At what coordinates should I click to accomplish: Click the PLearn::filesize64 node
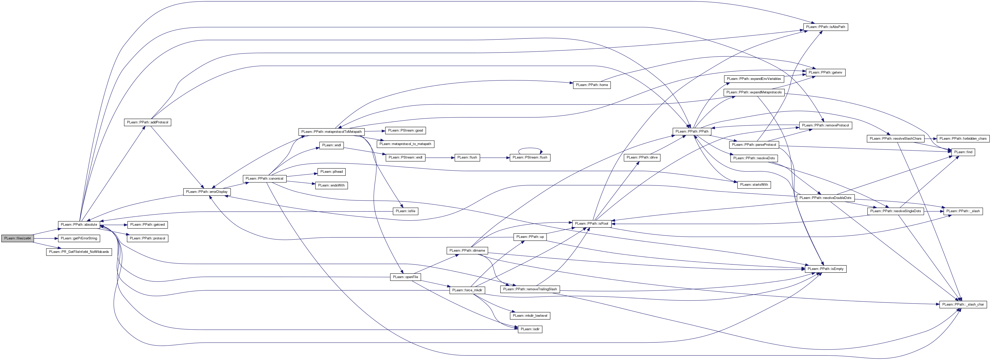(x=18, y=238)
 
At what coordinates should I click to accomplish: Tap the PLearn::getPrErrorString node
(x=79, y=238)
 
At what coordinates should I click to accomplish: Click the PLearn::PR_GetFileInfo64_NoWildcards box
(x=79, y=252)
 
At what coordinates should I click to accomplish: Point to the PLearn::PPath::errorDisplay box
(x=207, y=192)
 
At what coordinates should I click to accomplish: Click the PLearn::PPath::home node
(x=592, y=85)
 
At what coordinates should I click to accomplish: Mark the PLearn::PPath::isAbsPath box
(x=826, y=27)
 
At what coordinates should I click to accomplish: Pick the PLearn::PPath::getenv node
(x=826, y=72)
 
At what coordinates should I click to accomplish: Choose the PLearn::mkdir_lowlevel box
(x=530, y=316)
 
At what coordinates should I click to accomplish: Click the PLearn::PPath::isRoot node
(x=591, y=223)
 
